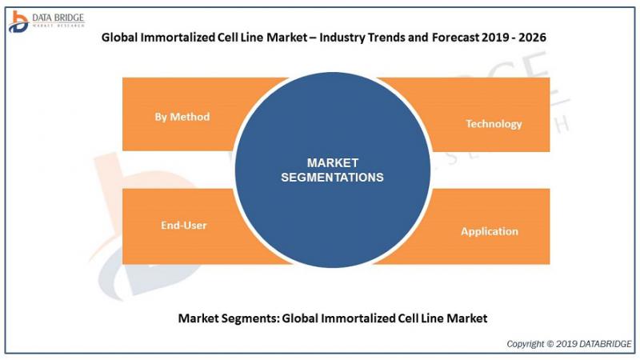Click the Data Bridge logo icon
[x=18, y=22]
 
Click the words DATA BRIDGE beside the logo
[x=58, y=18]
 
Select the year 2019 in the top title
[x=494, y=37]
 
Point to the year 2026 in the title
[x=532, y=37]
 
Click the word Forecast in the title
[x=455, y=37]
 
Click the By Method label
[x=182, y=117]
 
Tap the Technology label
[x=494, y=124]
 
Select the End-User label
[x=184, y=225]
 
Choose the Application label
[x=490, y=231]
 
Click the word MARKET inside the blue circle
[x=333, y=163]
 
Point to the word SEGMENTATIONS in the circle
[x=332, y=177]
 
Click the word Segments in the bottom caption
[x=254, y=318]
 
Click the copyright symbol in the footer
[x=550, y=344]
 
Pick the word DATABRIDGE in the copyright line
[x=605, y=344]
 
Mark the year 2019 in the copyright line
[x=566, y=344]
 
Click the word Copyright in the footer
[x=526, y=344]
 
